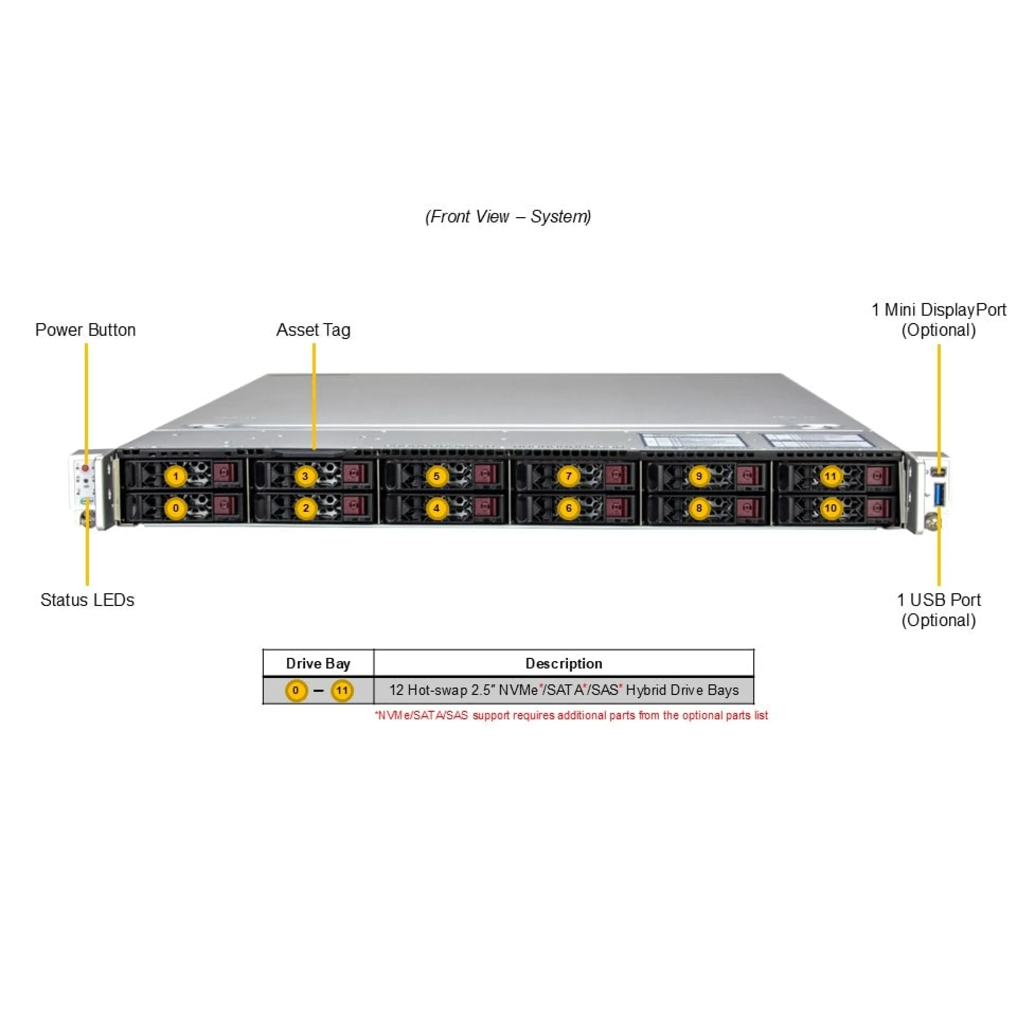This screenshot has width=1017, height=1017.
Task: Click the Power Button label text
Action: point(85,330)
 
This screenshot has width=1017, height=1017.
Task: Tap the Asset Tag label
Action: point(313,330)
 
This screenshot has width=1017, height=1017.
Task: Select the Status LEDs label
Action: point(87,600)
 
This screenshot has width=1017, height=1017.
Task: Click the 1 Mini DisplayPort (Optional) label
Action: point(939,320)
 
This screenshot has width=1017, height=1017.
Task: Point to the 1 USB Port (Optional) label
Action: point(939,610)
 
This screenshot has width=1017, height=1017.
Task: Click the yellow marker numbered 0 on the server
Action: point(176,508)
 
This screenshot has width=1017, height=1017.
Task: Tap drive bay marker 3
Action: point(305,476)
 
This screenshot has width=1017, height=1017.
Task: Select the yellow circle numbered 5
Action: point(436,476)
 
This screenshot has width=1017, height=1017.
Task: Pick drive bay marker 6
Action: point(568,508)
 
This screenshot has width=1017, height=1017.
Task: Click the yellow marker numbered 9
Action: point(699,476)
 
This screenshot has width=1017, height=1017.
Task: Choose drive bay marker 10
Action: point(830,508)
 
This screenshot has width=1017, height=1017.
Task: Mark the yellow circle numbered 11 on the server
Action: point(830,476)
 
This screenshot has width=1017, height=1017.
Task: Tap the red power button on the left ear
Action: point(85,468)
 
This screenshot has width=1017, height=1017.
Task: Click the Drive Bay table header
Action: point(318,664)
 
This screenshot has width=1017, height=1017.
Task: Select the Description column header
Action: point(564,664)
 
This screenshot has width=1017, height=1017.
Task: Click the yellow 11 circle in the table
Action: point(342,691)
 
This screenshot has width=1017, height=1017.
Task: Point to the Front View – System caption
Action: point(508,217)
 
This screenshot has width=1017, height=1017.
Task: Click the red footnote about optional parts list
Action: point(572,716)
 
